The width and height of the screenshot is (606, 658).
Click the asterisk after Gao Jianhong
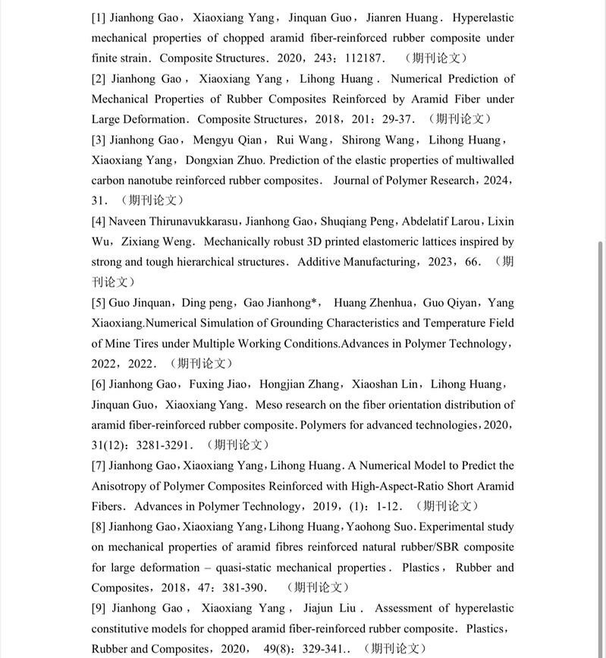pos(315,302)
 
